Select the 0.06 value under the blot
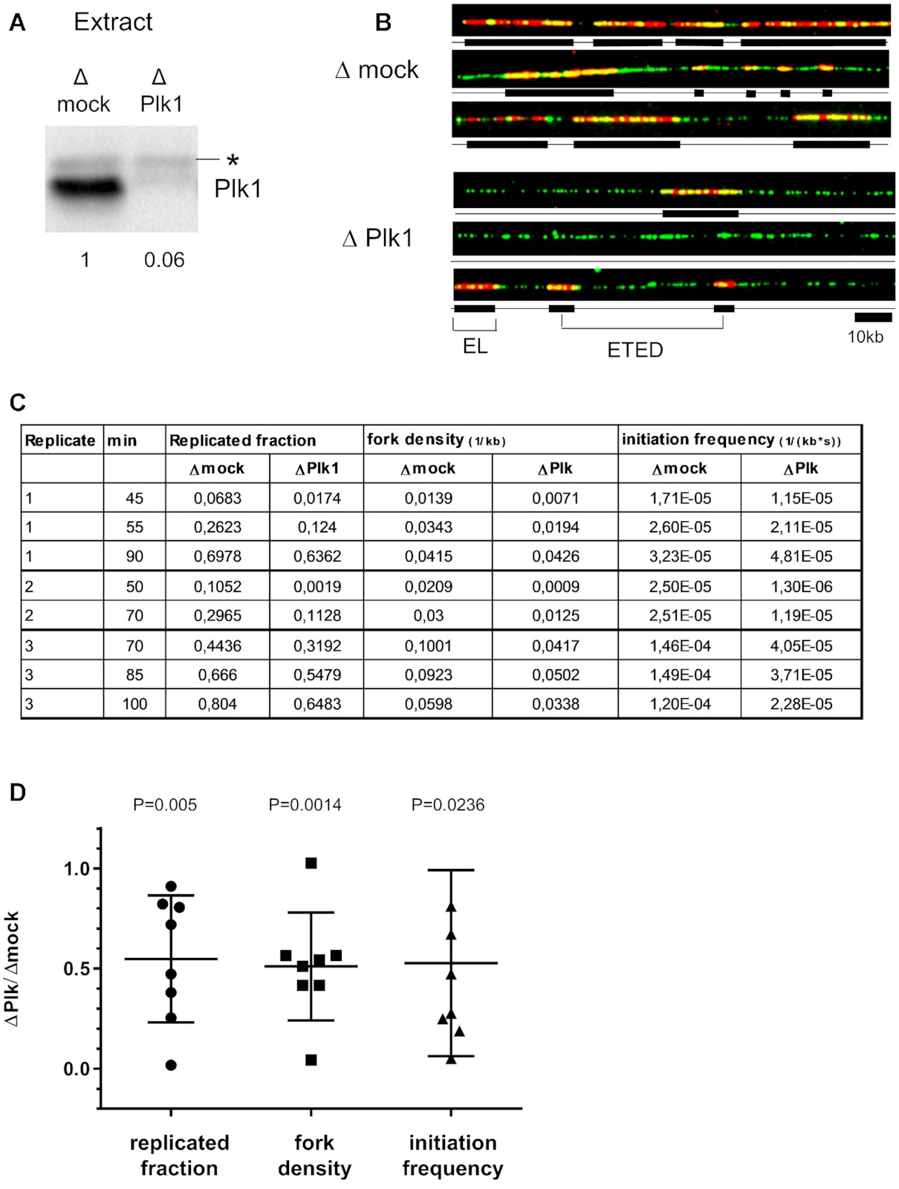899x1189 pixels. (164, 260)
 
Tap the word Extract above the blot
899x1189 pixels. (113, 22)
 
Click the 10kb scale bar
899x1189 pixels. (873, 318)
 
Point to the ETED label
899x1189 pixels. (635, 350)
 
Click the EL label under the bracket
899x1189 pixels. (475, 346)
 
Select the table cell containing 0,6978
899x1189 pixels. (218, 556)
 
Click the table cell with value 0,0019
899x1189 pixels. (317, 586)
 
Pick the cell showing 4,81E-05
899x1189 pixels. (801, 556)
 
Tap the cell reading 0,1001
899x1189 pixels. (428, 645)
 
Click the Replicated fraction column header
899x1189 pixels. (243, 440)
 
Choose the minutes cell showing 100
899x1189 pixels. (134, 703)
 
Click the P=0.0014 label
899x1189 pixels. (305, 805)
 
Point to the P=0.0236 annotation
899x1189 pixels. (448, 805)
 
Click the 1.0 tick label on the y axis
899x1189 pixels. (77, 869)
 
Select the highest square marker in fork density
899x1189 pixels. (311, 863)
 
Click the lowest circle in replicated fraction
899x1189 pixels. (171, 1065)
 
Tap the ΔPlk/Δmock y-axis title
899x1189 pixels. (13, 969)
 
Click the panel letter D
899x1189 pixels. (17, 792)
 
